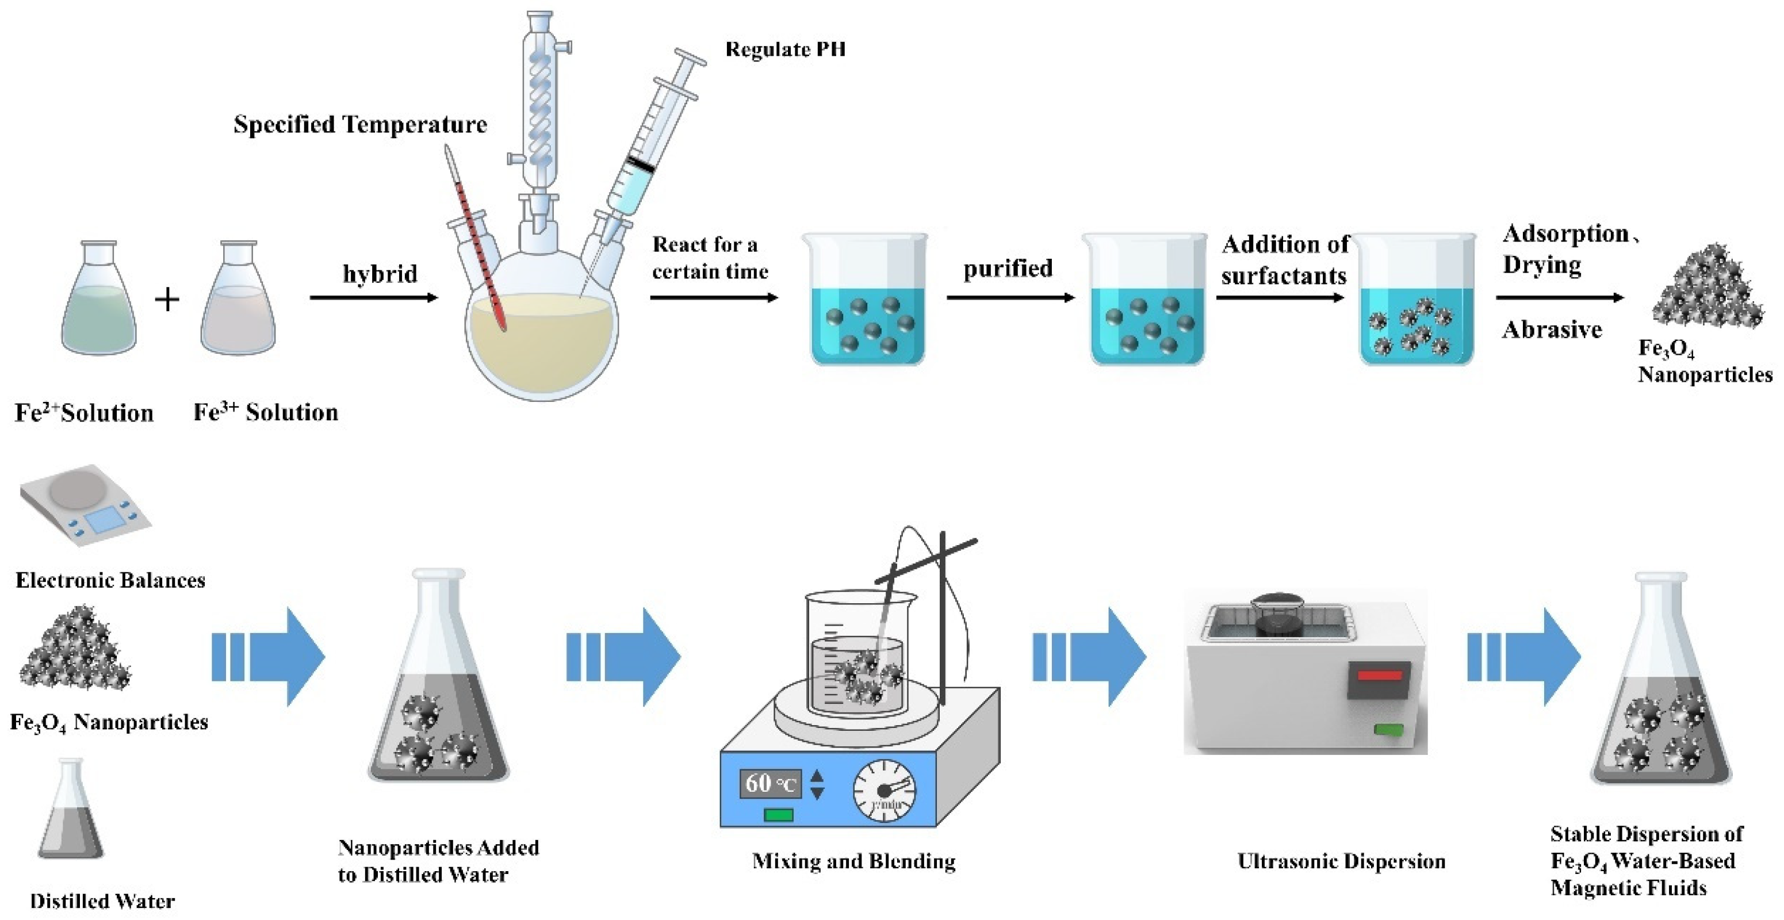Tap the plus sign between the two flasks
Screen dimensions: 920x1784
(167, 300)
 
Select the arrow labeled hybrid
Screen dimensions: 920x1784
(374, 298)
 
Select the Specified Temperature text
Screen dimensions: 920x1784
(360, 125)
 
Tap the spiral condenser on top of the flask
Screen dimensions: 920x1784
(540, 104)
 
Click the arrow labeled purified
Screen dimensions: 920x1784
(1010, 298)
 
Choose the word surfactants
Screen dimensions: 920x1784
(1283, 276)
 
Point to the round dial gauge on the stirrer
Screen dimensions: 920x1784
(885, 791)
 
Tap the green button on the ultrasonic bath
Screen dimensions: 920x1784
(1388, 729)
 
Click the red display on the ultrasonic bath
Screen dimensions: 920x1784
(1378, 674)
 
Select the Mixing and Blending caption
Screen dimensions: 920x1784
(853, 861)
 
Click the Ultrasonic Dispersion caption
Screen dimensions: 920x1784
(1341, 861)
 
